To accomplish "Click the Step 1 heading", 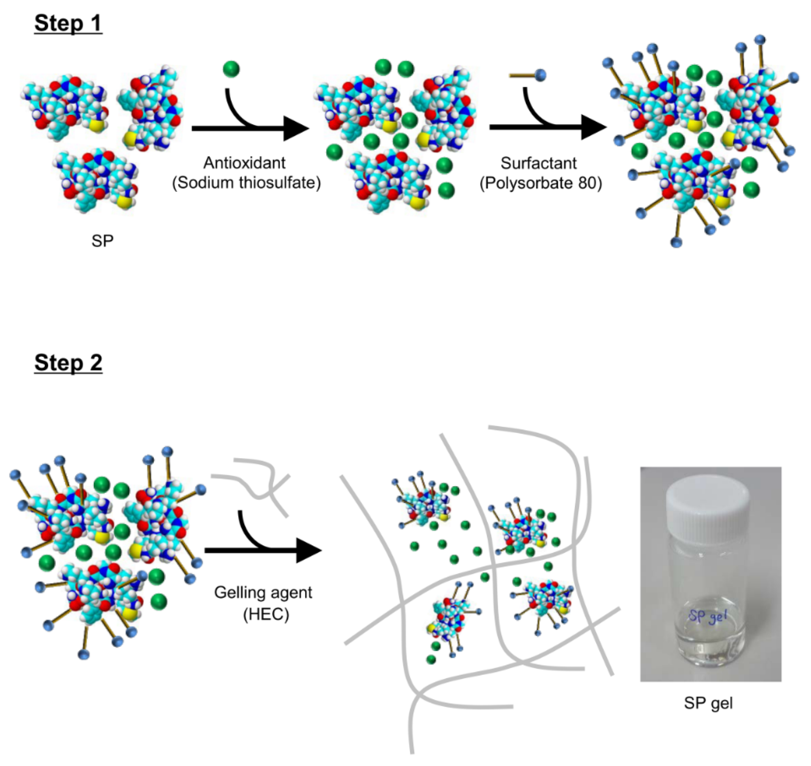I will (x=68, y=23).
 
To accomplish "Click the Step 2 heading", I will (x=68, y=363).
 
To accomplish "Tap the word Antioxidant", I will (x=244, y=163).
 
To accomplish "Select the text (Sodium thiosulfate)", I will (x=246, y=183).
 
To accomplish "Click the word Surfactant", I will (x=538, y=163).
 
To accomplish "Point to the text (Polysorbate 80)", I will (x=540, y=183).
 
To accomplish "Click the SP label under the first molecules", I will (x=102, y=241).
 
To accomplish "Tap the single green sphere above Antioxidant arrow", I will (x=231, y=69).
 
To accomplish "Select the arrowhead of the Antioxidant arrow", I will (x=296, y=129).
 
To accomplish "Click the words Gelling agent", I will (x=263, y=592).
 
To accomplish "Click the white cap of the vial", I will (x=708, y=503).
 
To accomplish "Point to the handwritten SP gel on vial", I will (x=708, y=617).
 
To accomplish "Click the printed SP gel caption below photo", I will (x=708, y=703).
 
